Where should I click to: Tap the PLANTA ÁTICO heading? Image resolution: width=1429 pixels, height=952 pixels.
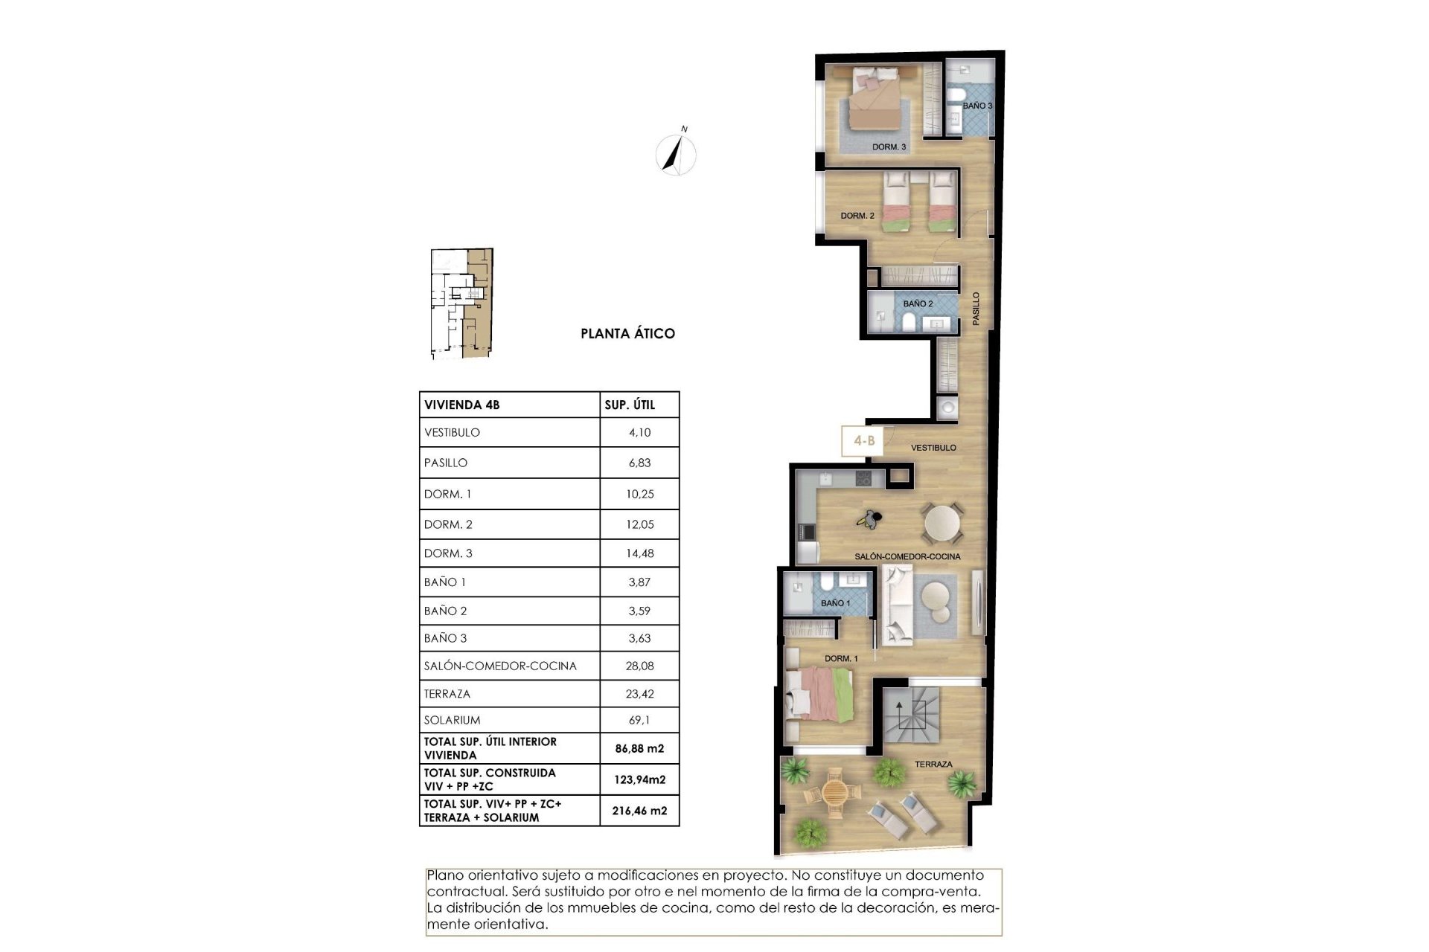click(x=627, y=334)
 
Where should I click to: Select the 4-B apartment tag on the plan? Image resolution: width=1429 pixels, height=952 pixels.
click(x=863, y=441)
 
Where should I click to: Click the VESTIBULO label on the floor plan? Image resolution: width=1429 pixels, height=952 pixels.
click(x=933, y=448)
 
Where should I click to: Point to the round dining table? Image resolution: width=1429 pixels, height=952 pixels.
click(x=943, y=523)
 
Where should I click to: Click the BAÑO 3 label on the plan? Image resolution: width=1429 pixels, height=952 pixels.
click(x=977, y=106)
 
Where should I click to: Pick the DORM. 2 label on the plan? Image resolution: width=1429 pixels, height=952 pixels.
click(x=857, y=216)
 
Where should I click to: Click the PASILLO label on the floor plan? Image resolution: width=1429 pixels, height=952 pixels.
click(x=976, y=308)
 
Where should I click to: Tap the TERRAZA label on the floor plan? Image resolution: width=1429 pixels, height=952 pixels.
click(x=933, y=764)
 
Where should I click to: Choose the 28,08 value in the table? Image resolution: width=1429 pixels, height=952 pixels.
click(x=639, y=666)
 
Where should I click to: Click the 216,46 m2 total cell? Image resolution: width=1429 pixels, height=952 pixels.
click(x=639, y=811)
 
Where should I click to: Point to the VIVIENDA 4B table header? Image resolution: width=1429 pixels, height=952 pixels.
click(x=462, y=405)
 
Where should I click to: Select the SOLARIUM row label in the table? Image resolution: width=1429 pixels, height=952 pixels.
click(x=452, y=720)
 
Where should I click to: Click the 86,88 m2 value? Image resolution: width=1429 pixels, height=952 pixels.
click(x=639, y=749)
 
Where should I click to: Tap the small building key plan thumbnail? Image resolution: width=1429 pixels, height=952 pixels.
click(x=461, y=304)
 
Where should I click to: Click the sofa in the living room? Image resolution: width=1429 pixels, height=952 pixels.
click(x=897, y=605)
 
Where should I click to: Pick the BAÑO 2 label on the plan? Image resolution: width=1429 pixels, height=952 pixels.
click(x=918, y=303)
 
